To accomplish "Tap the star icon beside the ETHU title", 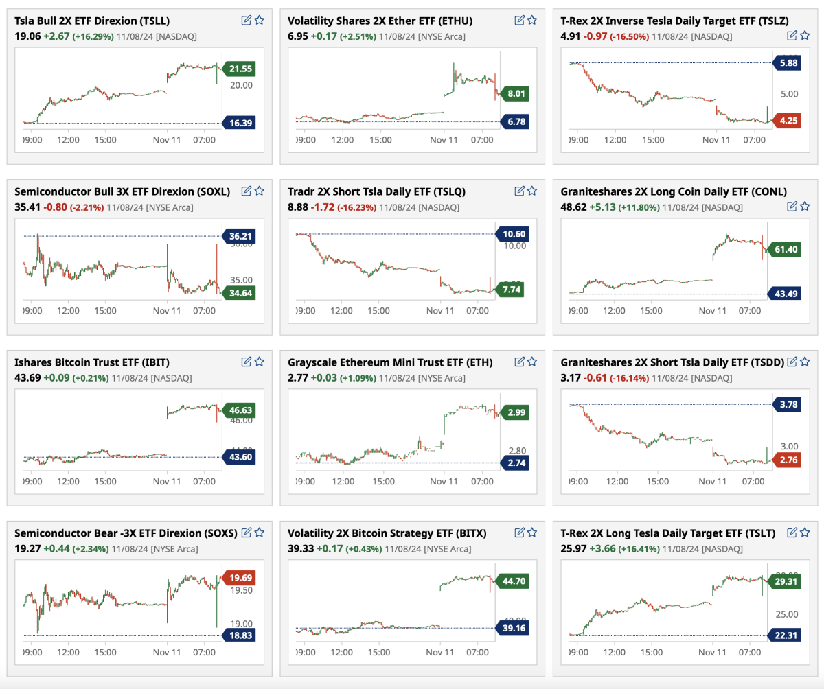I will [x=532, y=21].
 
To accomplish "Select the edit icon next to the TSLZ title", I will [x=792, y=35].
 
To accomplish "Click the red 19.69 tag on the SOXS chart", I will [x=241, y=578].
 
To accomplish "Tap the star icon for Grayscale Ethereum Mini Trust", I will [x=532, y=362].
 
